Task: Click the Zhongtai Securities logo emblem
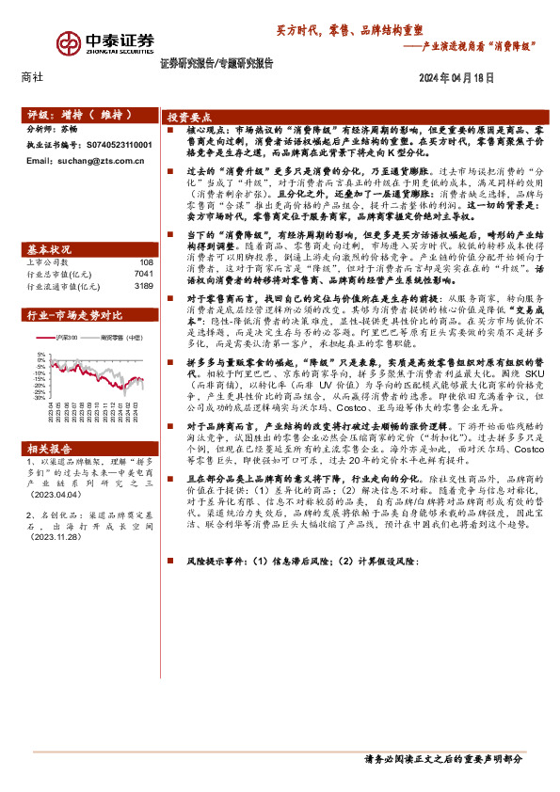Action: coord(69,43)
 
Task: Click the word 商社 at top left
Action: coord(31,79)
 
